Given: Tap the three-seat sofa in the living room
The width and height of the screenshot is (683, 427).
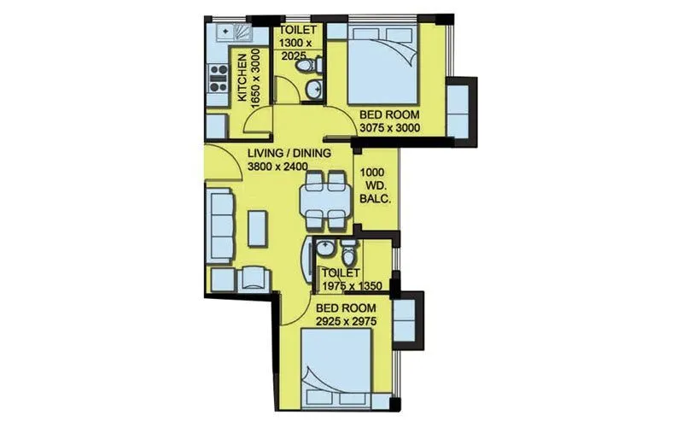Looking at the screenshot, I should point(221,223).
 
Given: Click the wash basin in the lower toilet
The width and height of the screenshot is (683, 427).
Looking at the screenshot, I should point(324,249).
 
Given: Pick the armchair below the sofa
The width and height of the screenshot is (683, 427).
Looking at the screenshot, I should point(254,277).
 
